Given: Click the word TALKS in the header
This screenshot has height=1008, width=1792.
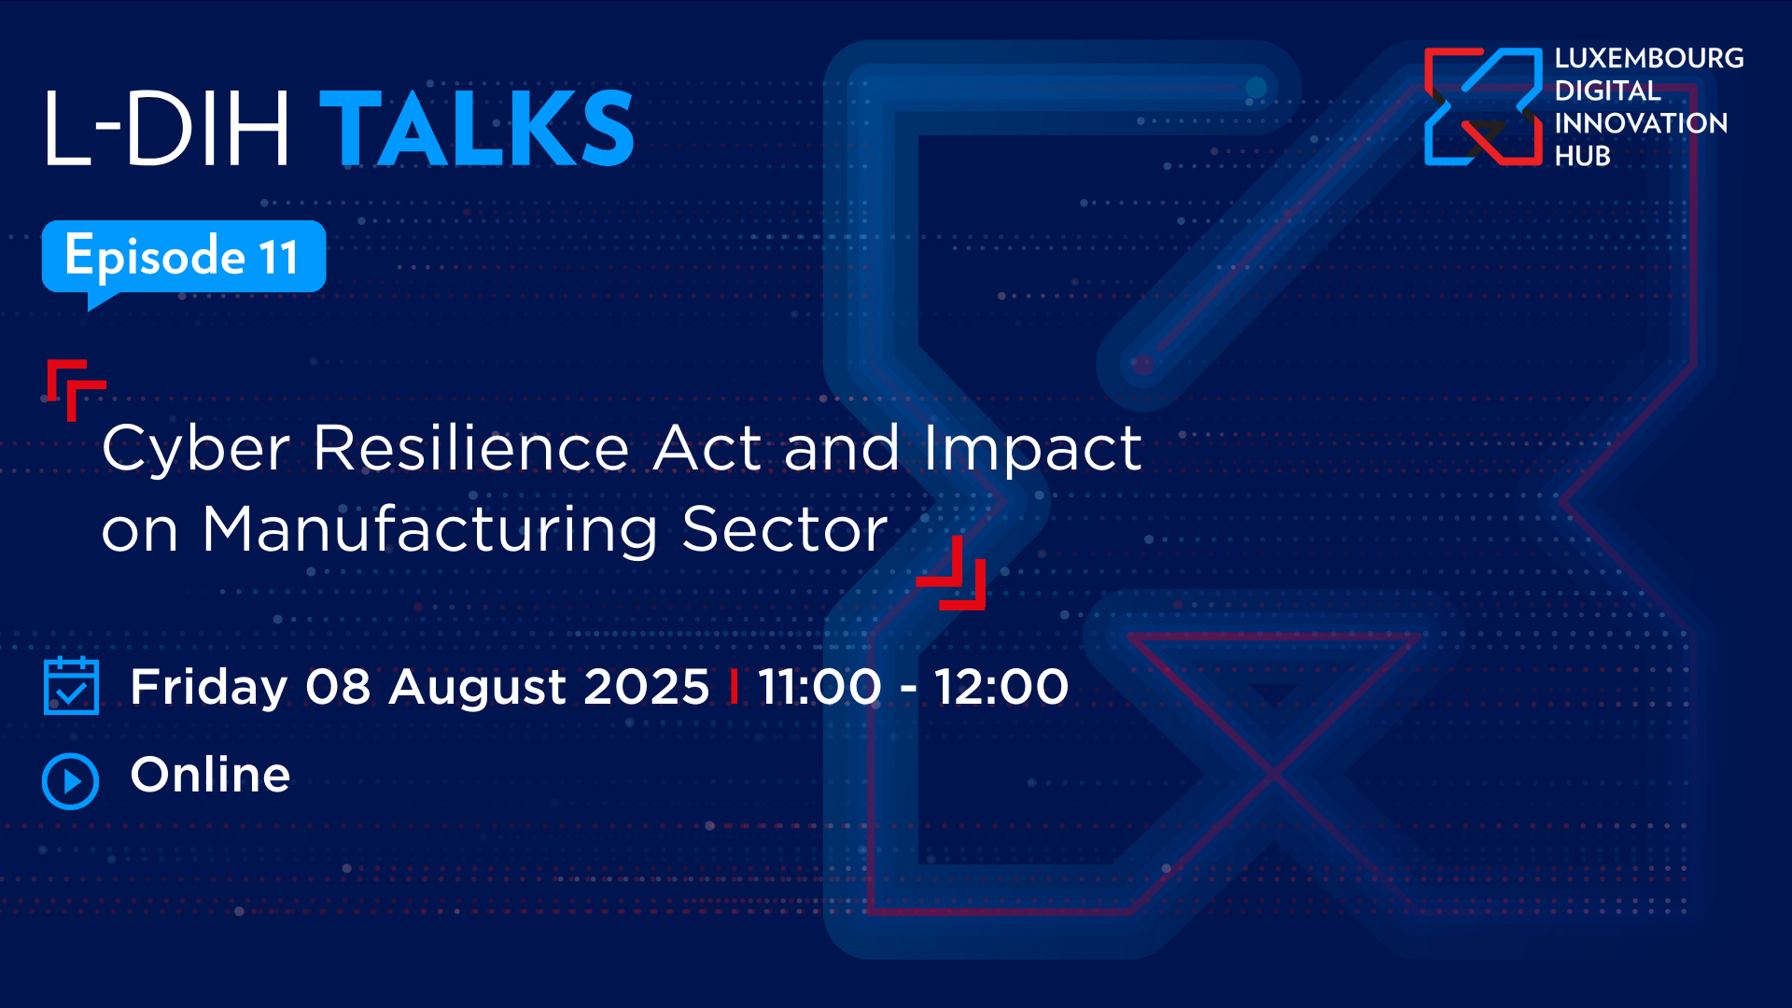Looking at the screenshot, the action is pyautogui.click(x=477, y=128).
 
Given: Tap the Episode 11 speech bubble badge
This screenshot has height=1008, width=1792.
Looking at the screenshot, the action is pyautogui.click(x=184, y=259).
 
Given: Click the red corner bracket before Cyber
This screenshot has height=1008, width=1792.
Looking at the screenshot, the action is pyautogui.click(x=75, y=388).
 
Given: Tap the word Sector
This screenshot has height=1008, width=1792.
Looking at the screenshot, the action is pyautogui.click(x=785, y=529).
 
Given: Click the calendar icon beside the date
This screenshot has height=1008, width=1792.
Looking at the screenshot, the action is pyautogui.click(x=71, y=686).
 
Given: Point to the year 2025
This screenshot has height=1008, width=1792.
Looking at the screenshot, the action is pyautogui.click(x=647, y=687).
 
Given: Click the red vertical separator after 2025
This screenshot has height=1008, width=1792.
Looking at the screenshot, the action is pyautogui.click(x=734, y=687).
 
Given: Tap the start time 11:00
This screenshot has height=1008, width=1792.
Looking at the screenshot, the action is pyautogui.click(x=819, y=687).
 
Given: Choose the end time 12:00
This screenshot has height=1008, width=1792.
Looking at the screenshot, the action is pyautogui.click(x=1001, y=687).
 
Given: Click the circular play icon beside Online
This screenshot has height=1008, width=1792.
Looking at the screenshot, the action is pyautogui.click(x=70, y=781).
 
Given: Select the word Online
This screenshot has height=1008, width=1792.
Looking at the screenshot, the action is pyautogui.click(x=211, y=775).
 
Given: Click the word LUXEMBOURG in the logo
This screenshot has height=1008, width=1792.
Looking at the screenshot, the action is pyautogui.click(x=1649, y=58).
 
